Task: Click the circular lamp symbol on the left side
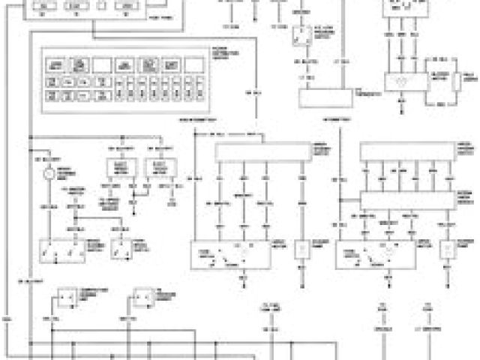(49, 174)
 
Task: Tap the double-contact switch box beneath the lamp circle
(64, 249)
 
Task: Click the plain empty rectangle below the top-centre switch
(325, 97)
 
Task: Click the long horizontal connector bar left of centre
(262, 152)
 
